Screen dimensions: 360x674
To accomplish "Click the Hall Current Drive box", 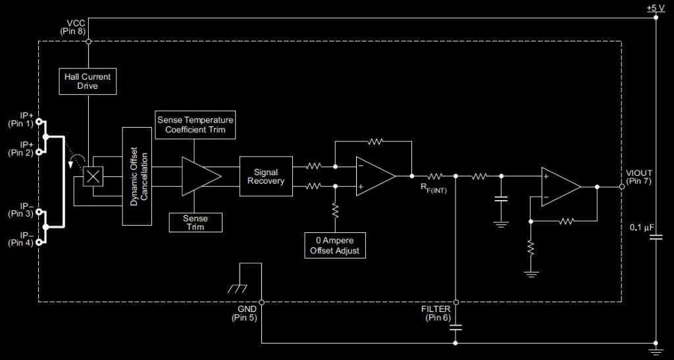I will [x=88, y=82].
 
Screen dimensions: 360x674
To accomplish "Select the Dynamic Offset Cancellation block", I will [x=137, y=176].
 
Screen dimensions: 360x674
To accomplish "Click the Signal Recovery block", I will [x=265, y=176].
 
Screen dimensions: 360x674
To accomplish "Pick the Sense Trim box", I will [x=195, y=222].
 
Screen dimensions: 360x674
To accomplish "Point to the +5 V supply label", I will [x=656, y=8].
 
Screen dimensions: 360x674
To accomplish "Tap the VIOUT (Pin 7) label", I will [x=639, y=176].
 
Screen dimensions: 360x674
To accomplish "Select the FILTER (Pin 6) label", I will [x=436, y=313].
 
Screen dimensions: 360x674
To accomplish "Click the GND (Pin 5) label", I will [x=247, y=313].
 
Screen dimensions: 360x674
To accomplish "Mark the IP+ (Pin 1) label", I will [x=22, y=118].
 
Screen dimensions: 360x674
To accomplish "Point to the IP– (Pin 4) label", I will [x=21, y=239].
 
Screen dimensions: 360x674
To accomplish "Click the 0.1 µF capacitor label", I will [x=644, y=227].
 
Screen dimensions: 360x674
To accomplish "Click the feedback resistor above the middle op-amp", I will [x=375, y=141].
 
